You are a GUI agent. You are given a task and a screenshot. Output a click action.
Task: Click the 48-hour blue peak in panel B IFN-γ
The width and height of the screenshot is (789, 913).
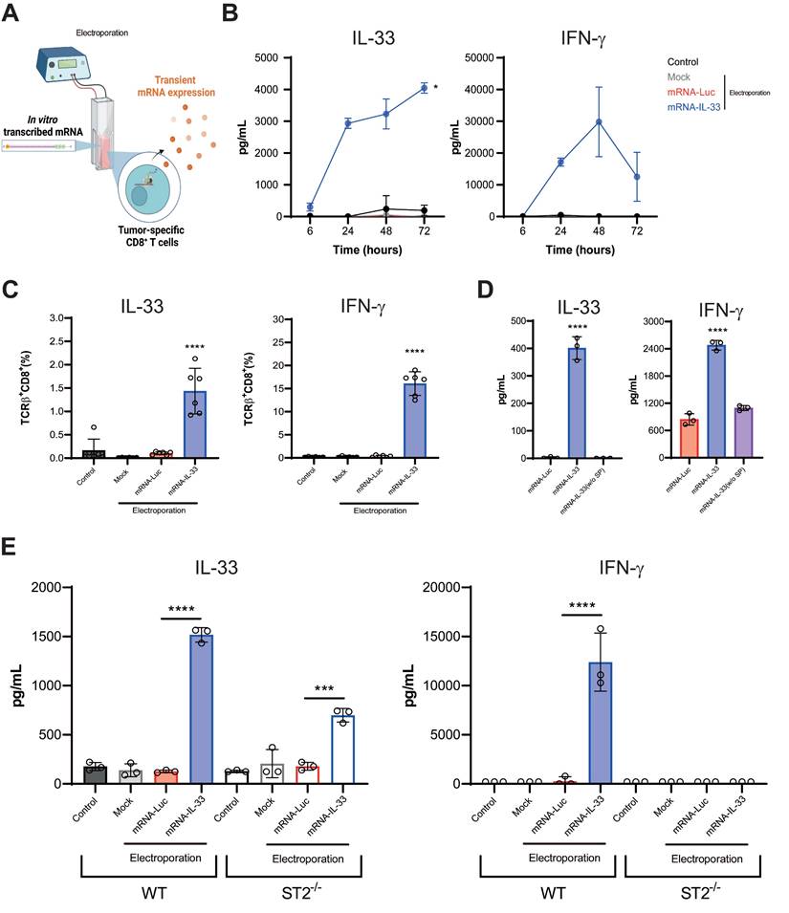tap(598, 121)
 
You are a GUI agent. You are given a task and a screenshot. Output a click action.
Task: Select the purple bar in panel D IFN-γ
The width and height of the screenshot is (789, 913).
tap(743, 432)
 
